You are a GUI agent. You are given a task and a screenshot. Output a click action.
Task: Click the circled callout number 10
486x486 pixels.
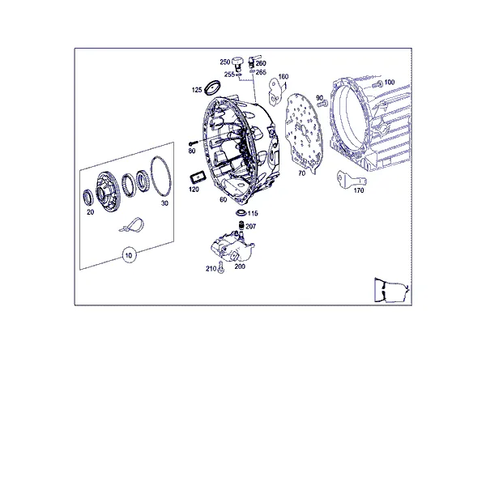[129, 255]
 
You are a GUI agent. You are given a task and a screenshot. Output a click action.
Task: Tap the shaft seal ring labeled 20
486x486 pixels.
[87, 198]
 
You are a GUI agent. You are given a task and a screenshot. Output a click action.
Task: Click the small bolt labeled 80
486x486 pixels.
[193, 143]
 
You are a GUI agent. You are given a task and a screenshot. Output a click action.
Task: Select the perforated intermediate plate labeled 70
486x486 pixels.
[302, 132]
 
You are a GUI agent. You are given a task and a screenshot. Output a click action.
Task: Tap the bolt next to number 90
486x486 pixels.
[323, 104]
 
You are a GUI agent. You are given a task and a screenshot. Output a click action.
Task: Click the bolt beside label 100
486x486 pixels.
[377, 83]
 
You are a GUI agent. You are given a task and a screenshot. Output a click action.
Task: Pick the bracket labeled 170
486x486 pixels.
[351, 180]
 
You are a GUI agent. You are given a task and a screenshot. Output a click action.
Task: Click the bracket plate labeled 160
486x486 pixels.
[276, 91]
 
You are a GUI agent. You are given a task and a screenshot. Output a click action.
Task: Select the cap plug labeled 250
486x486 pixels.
[237, 62]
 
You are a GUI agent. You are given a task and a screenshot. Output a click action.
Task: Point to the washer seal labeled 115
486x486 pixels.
[241, 212]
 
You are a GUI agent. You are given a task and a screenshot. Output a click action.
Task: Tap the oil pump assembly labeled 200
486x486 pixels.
[232, 248]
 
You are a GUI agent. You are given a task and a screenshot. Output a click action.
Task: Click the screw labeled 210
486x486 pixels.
[220, 266]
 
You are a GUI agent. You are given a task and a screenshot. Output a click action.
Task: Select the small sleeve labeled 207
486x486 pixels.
[241, 225]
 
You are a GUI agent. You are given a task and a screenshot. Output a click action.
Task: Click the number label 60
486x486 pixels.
[224, 199]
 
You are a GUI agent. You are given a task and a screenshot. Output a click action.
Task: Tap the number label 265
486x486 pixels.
[261, 72]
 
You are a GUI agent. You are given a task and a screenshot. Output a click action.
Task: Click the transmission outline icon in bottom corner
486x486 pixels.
[392, 290]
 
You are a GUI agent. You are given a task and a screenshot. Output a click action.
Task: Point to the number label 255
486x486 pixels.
[229, 75]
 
